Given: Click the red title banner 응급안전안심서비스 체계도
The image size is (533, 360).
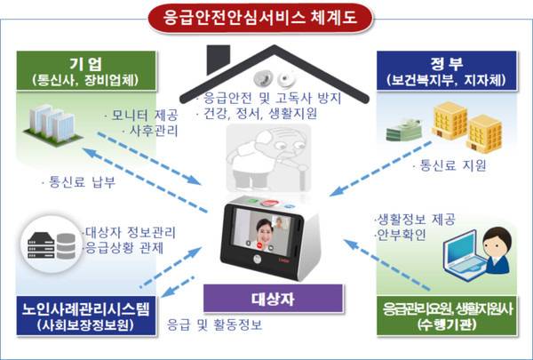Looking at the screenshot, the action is [x=260, y=18].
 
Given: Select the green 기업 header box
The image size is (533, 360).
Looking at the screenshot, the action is [x=86, y=71].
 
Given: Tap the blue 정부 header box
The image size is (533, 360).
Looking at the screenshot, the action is [x=447, y=71].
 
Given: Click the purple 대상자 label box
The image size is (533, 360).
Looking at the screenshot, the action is [x=274, y=299].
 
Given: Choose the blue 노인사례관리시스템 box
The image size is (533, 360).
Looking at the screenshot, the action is [x=86, y=316].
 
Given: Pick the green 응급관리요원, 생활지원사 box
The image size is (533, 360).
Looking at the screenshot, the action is [x=447, y=316].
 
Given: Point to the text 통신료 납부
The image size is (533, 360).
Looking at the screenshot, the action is [x=79, y=182].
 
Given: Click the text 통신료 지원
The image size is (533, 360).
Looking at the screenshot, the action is [x=449, y=165].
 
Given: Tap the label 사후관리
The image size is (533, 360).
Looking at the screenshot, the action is [x=151, y=131].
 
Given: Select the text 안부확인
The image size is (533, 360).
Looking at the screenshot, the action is [x=400, y=235].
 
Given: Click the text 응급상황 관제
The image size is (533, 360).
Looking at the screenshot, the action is [x=123, y=248].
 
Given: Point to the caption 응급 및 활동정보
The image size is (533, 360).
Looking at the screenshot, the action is [x=214, y=325].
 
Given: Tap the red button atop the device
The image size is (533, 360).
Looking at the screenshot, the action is [x=269, y=204].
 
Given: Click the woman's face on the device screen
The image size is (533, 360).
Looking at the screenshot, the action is [x=265, y=228].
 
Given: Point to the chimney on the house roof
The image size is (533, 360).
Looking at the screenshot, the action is [x=219, y=59].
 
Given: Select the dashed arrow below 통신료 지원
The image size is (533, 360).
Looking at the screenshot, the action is [x=381, y=169].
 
